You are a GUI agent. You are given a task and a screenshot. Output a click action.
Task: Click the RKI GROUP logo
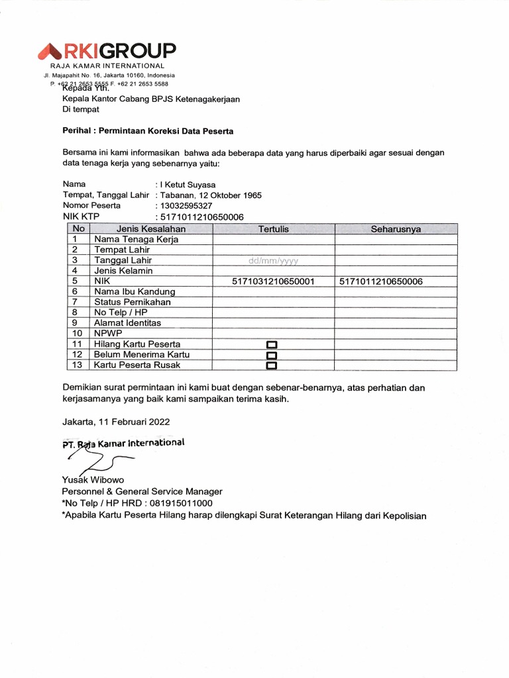107,51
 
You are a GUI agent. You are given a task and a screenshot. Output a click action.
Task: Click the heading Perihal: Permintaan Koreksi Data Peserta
148,131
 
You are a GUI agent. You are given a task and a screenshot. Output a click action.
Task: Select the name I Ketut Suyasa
187,185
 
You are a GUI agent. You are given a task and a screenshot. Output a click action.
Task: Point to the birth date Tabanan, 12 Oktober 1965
210,195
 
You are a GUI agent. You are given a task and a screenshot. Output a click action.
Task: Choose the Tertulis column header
273,229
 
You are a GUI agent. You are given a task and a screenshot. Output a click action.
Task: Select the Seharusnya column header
396,229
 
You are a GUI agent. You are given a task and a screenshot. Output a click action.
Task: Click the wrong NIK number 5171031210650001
273,281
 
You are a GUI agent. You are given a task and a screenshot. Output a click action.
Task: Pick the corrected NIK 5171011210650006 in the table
381,281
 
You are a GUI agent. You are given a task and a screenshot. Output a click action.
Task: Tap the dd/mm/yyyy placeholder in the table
273,260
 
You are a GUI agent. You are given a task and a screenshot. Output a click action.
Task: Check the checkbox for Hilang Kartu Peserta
271,345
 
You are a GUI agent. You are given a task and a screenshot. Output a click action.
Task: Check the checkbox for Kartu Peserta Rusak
271,365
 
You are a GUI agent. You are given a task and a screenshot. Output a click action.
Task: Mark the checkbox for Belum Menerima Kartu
271,355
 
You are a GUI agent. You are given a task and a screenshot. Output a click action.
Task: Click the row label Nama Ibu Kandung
135,291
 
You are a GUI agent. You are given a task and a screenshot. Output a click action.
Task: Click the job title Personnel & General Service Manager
142,491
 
